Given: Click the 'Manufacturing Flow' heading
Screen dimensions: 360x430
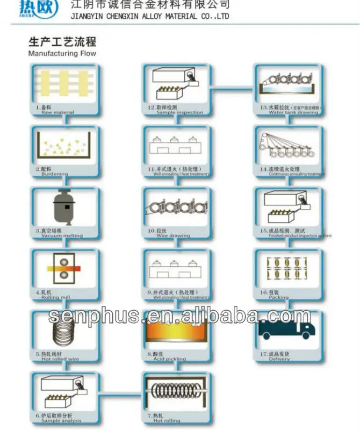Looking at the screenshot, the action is pos(62,54).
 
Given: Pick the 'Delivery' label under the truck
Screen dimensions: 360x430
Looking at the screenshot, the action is pos(279,359).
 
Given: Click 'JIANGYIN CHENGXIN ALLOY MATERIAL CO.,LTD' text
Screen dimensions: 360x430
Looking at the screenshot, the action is pos(150,17).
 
